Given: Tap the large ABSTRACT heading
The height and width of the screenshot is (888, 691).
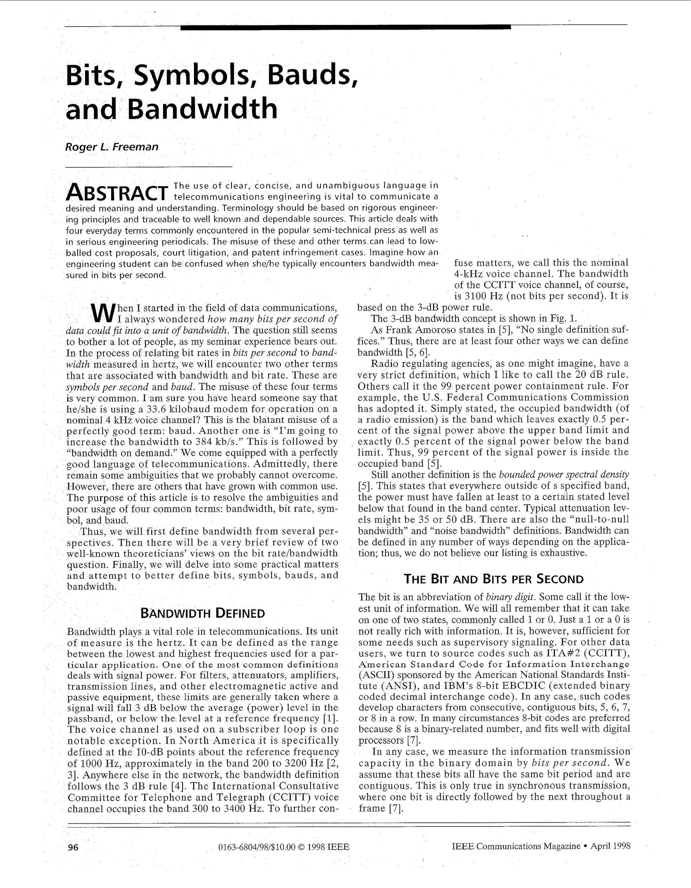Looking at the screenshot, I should pyautogui.click(x=117, y=192).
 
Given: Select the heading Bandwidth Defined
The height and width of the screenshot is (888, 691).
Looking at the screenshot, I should pyautogui.click(x=202, y=613).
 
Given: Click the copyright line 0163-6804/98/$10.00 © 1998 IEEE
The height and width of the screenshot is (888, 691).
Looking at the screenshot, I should pyautogui.click(x=284, y=847).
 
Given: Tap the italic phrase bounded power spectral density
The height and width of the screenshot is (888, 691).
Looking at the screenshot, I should pyautogui.click(x=563, y=474).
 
